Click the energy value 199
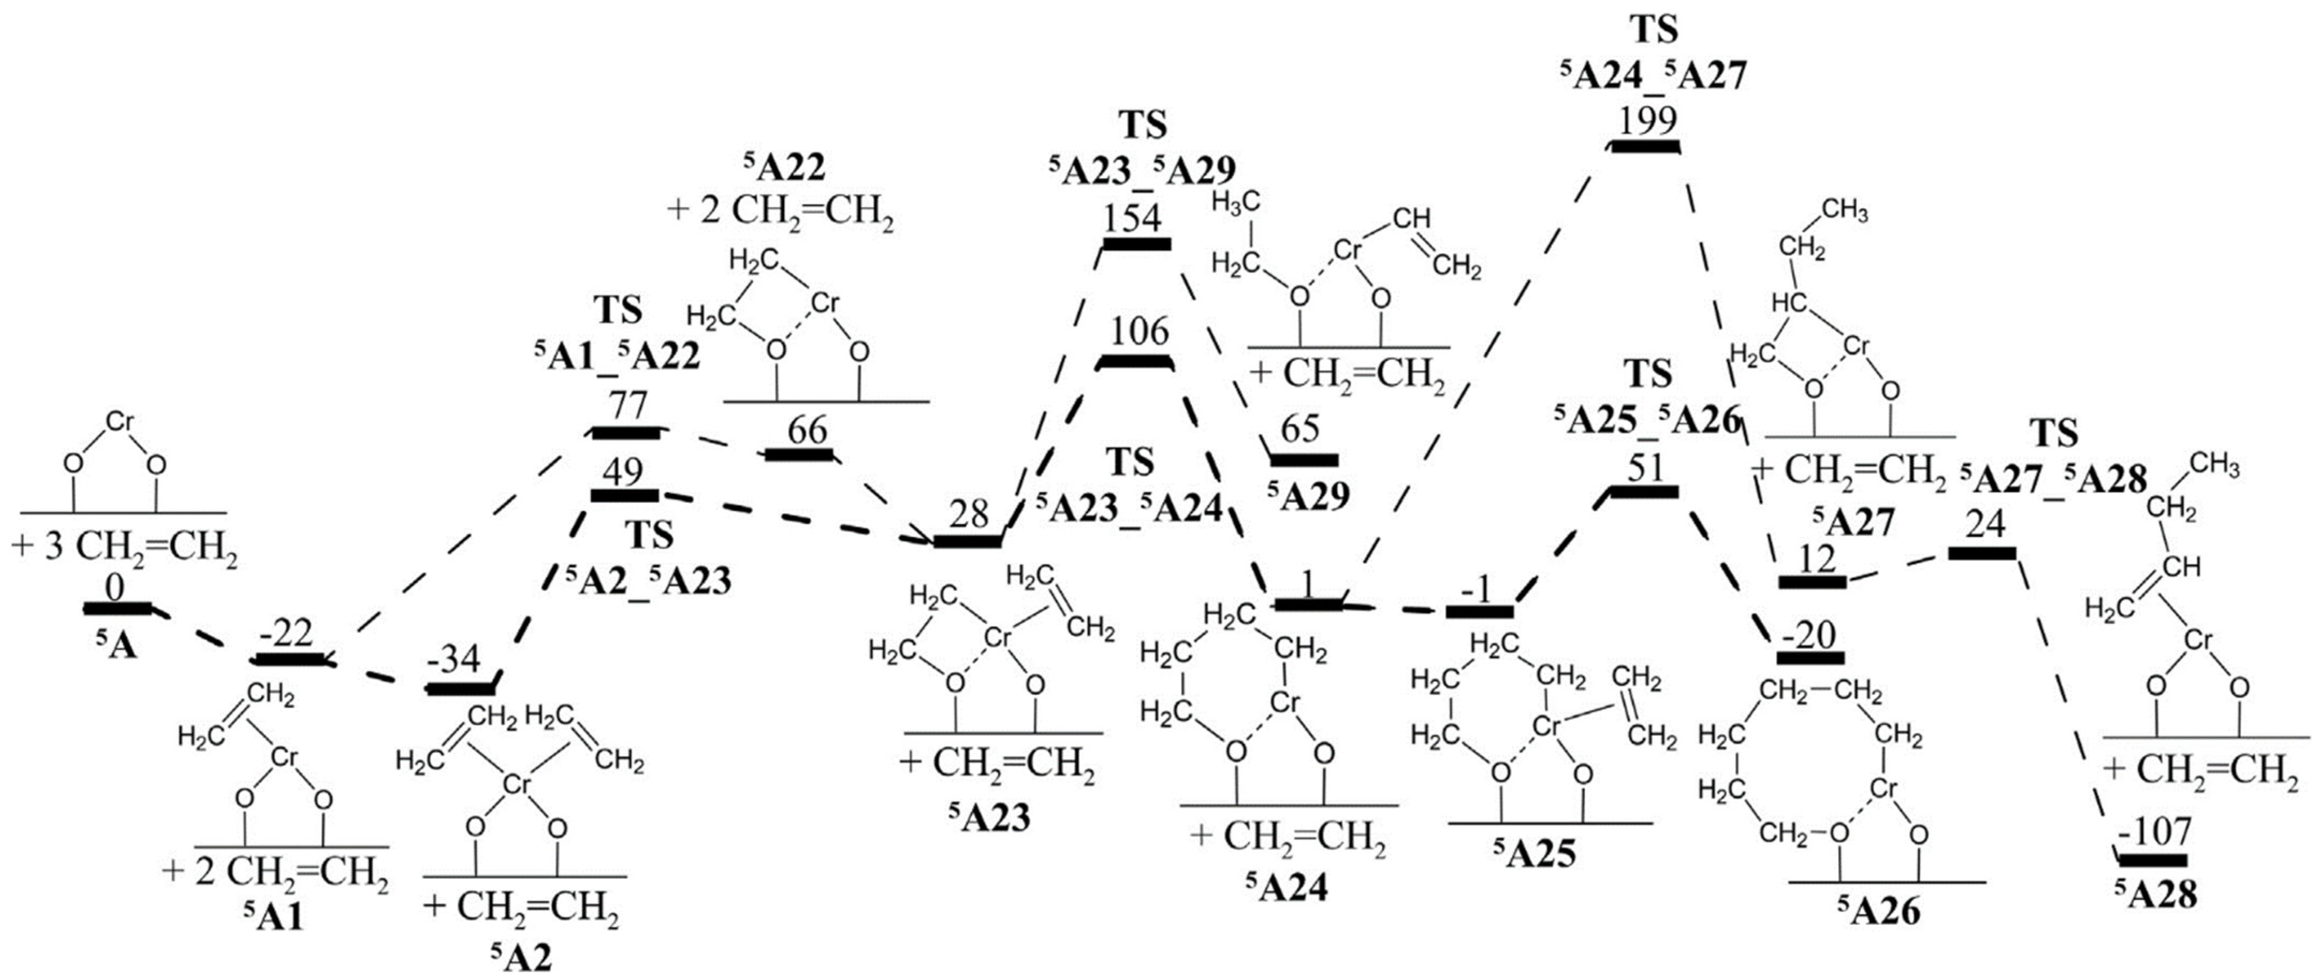(x=1646, y=121)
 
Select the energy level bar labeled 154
(x=1136, y=244)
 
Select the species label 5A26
(x=1879, y=911)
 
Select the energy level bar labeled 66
(x=799, y=454)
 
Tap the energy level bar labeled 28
(x=967, y=541)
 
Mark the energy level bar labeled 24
(x=1982, y=553)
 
